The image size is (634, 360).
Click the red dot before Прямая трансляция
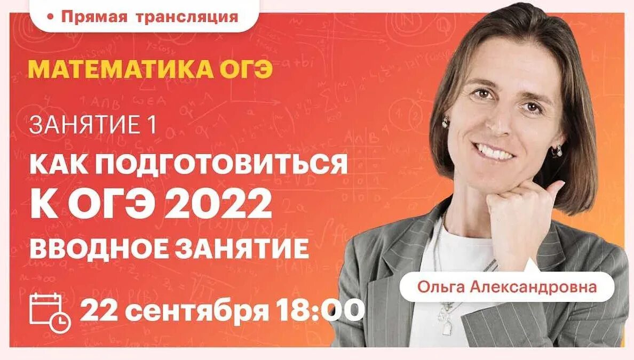coord(51,17)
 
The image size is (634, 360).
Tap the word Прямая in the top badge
coord(87,17)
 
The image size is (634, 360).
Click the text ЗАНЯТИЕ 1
coord(93,126)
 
